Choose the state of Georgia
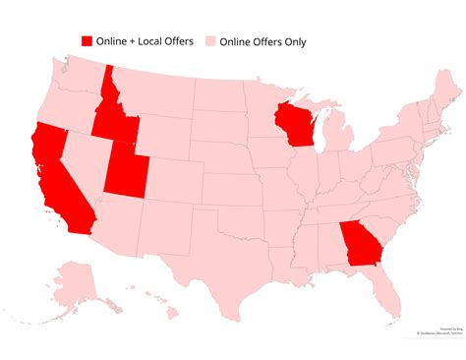pos(359,242)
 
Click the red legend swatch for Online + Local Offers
pos(87,41)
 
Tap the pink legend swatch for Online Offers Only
pos(209,41)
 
